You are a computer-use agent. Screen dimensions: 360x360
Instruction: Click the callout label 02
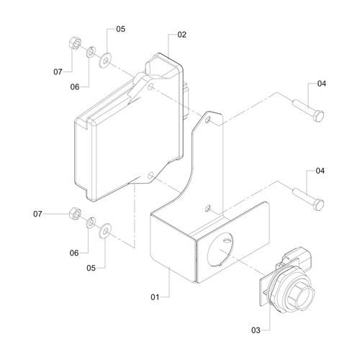pos(181,35)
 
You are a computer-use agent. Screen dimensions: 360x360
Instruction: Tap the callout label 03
pos(256,330)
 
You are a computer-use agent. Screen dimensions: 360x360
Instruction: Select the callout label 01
pos(155,297)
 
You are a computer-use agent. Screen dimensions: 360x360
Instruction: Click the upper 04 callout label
pos(322,84)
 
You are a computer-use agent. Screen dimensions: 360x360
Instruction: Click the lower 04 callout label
pos(320,171)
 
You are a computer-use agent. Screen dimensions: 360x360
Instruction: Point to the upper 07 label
pos(58,72)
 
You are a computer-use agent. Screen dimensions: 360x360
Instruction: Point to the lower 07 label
pos(37,214)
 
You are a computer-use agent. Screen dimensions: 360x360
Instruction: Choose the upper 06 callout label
pos(75,87)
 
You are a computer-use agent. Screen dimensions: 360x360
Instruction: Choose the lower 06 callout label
pos(74,253)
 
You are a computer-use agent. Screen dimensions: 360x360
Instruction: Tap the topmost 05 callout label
pos(121,29)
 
